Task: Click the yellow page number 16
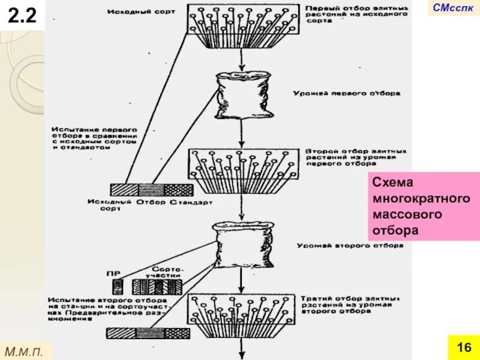coord(463,348)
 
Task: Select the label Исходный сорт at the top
coord(142,11)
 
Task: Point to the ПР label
coord(113,273)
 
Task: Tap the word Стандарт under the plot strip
coord(191,202)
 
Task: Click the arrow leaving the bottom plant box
coord(241,348)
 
